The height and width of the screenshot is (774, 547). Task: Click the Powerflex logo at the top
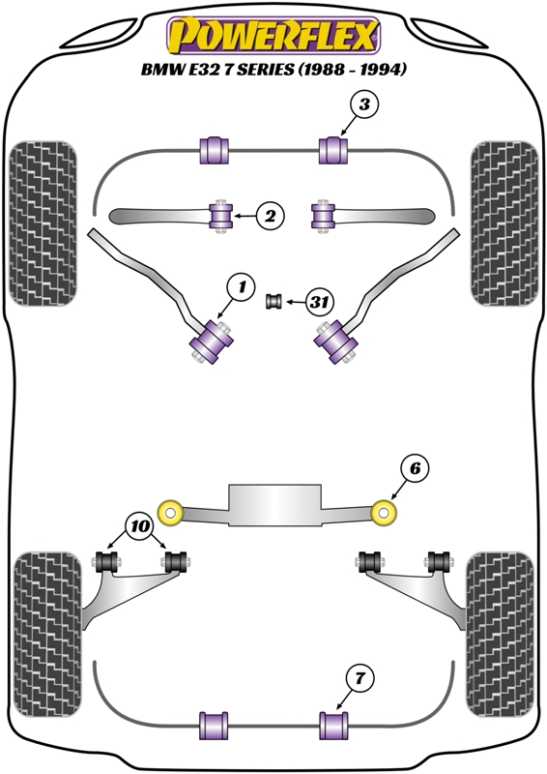click(x=273, y=35)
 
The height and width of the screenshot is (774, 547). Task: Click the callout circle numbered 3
click(x=364, y=105)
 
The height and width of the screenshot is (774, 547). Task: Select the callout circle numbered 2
click(x=271, y=216)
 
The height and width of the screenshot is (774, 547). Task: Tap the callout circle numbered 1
click(x=241, y=287)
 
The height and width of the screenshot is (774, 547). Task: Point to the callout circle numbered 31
click(x=320, y=301)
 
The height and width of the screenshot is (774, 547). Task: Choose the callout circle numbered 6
click(x=415, y=468)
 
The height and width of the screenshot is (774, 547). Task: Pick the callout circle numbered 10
click(x=140, y=526)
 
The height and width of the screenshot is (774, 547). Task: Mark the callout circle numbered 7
click(x=360, y=679)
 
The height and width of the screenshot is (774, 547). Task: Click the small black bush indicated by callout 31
click(x=273, y=301)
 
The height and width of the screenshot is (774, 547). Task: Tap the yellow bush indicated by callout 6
click(x=384, y=513)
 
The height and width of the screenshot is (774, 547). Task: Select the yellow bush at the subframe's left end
click(x=171, y=513)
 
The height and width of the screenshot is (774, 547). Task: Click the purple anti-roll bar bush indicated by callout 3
click(x=333, y=151)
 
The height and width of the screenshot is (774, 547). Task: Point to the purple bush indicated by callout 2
click(x=220, y=216)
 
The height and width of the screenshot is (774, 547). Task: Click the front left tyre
click(x=43, y=223)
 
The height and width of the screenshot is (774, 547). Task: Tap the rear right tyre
click(x=501, y=636)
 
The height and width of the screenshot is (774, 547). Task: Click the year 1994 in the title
click(x=384, y=70)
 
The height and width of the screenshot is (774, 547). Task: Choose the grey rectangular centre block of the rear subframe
click(x=274, y=504)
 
